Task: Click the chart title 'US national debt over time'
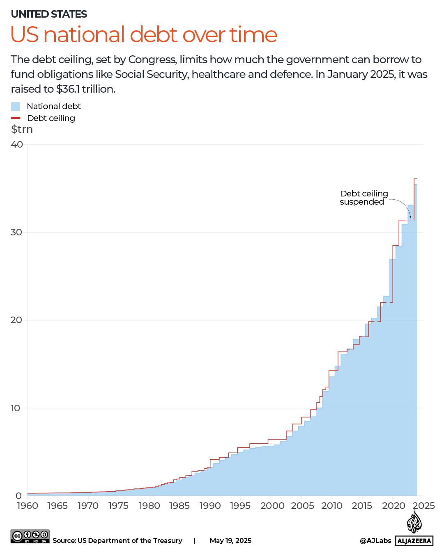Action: [x=144, y=34]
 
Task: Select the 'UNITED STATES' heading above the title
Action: [x=49, y=14]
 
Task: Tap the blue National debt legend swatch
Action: [x=16, y=107]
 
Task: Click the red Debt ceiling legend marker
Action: [x=16, y=118]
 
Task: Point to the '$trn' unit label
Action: [x=22, y=130]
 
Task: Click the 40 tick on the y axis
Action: [x=17, y=144]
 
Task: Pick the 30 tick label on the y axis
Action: [x=17, y=232]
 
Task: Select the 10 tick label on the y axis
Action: [x=16, y=408]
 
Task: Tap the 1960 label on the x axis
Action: [x=27, y=506]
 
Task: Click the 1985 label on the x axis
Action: [x=179, y=506]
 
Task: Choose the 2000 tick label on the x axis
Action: [x=272, y=506]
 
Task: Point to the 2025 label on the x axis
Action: [x=423, y=506]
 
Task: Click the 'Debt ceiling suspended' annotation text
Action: [x=363, y=198]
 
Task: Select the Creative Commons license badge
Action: [x=30, y=536]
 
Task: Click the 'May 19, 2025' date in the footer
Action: [x=230, y=540]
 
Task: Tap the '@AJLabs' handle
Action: [x=375, y=540]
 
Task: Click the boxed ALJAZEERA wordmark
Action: [x=414, y=541]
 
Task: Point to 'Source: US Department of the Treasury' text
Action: [x=117, y=540]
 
